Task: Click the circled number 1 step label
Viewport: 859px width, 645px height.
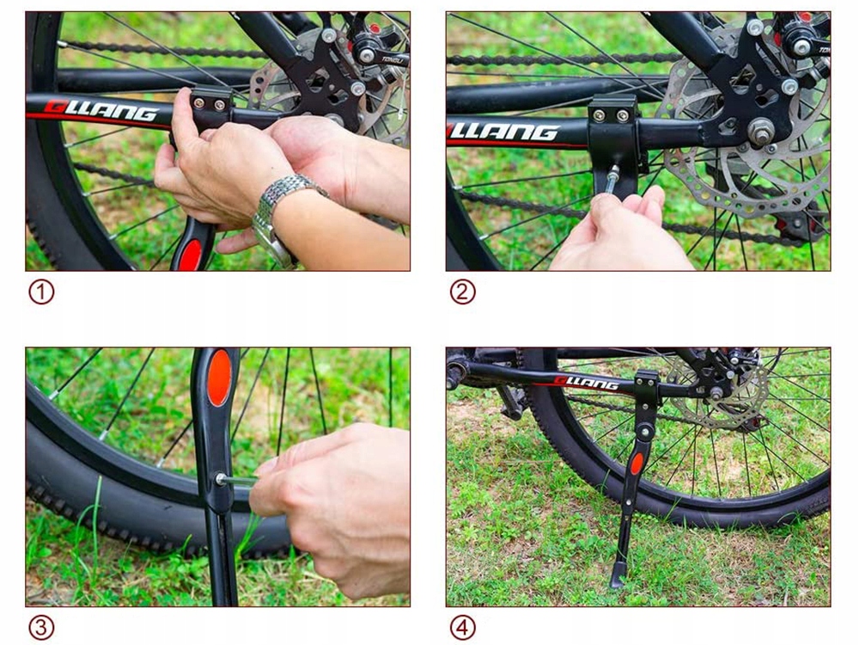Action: (41, 292)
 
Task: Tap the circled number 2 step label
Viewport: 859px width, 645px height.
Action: (462, 292)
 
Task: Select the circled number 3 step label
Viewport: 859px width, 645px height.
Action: (41, 628)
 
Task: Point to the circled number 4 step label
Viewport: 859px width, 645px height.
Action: (462, 628)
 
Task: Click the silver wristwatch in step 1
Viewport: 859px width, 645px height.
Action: (283, 215)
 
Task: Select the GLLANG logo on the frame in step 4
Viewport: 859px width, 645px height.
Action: (586, 382)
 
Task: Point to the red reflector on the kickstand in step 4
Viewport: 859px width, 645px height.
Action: (637, 464)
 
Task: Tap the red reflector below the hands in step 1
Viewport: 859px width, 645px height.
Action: (191, 255)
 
